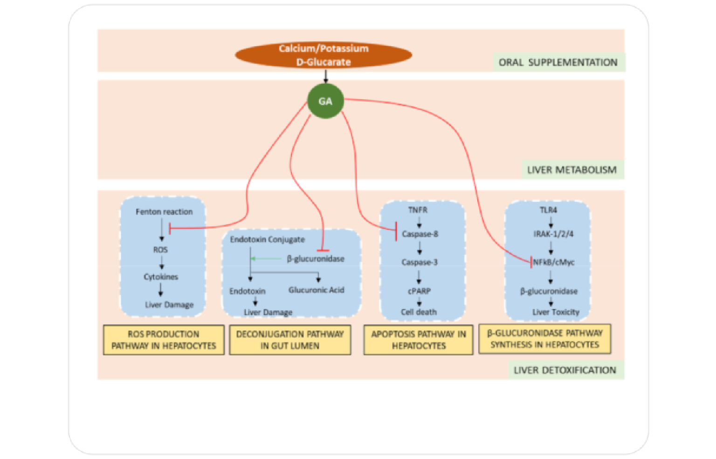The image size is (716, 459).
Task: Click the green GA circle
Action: (x=325, y=101)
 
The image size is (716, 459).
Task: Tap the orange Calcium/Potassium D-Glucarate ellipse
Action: (x=324, y=55)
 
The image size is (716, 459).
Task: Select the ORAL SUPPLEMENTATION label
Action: (x=558, y=63)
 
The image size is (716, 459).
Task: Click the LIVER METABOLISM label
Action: (x=571, y=170)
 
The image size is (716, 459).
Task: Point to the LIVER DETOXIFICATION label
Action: (x=565, y=370)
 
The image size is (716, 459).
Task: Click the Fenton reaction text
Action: (x=164, y=212)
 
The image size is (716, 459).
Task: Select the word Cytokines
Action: (x=161, y=277)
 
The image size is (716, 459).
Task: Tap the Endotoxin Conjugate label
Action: (x=267, y=240)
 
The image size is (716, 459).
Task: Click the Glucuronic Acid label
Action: (x=316, y=290)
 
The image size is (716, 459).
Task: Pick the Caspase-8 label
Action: (x=420, y=234)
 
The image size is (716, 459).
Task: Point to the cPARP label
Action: (x=419, y=291)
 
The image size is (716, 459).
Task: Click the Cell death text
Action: (x=419, y=312)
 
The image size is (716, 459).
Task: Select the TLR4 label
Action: (x=548, y=210)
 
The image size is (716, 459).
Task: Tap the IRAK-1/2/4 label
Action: (x=553, y=234)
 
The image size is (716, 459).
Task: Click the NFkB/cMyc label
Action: (x=554, y=262)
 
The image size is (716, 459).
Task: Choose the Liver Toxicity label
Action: (x=556, y=312)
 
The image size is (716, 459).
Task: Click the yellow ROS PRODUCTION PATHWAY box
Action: (x=164, y=340)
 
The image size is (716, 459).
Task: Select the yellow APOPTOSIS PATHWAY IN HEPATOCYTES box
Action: (x=418, y=340)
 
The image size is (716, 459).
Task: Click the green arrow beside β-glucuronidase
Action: (x=266, y=258)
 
